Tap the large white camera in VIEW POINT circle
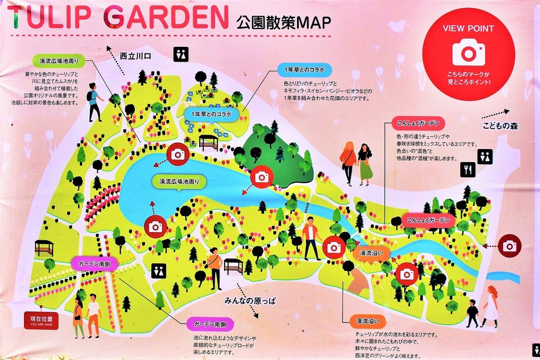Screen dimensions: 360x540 coord(468,52)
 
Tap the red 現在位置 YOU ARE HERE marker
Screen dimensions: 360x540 coord(41,320)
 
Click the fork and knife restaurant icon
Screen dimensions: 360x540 coord(467,169)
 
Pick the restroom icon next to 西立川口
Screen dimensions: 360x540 coord(180,54)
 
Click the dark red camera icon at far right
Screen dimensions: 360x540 coord(510,246)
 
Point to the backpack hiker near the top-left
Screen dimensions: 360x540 coord(94,101)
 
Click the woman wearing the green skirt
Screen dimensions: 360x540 coord(365,164)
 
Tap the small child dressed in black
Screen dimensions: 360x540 coord(472,313)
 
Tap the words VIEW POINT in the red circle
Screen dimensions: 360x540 coord(468,28)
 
